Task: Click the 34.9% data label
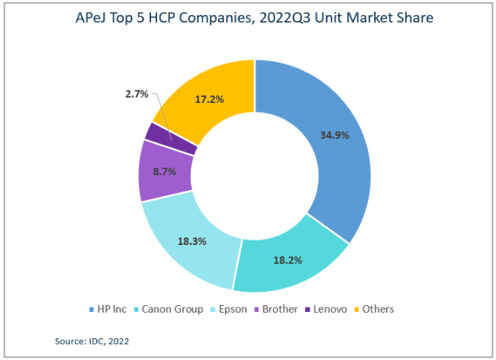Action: tap(333, 135)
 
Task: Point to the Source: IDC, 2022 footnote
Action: tap(94, 341)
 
